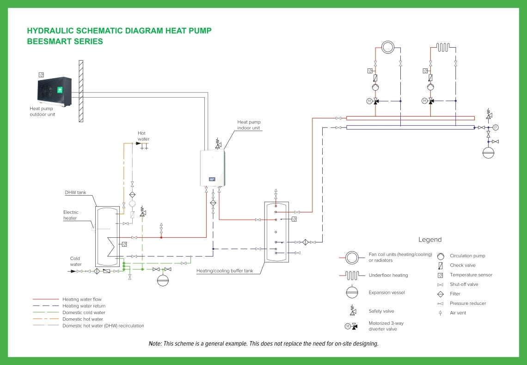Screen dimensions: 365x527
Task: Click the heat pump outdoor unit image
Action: click(x=54, y=93)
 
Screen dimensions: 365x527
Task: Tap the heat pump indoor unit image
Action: click(x=213, y=168)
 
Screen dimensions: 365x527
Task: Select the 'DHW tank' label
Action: click(x=75, y=192)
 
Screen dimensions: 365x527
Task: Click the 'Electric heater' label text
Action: click(x=71, y=215)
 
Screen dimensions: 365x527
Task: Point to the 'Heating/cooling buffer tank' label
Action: click(x=225, y=271)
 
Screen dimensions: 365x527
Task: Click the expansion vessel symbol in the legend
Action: click(x=352, y=292)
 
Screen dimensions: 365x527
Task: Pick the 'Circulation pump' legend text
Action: click(x=467, y=256)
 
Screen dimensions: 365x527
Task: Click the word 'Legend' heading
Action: click(x=430, y=240)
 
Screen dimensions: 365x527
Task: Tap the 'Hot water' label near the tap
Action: click(x=143, y=136)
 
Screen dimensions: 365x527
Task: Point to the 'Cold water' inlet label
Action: click(x=76, y=261)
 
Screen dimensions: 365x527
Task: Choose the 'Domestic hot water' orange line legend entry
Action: click(x=83, y=319)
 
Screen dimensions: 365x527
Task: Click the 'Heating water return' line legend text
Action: click(x=84, y=306)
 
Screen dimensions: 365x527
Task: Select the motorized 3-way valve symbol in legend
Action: click(x=352, y=326)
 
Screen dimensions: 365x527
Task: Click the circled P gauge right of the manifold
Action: click(x=496, y=127)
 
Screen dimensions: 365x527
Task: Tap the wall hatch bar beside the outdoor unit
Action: click(x=81, y=91)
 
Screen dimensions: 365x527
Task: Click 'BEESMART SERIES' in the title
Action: click(x=65, y=42)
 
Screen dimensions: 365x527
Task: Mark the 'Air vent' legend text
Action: click(x=458, y=313)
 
